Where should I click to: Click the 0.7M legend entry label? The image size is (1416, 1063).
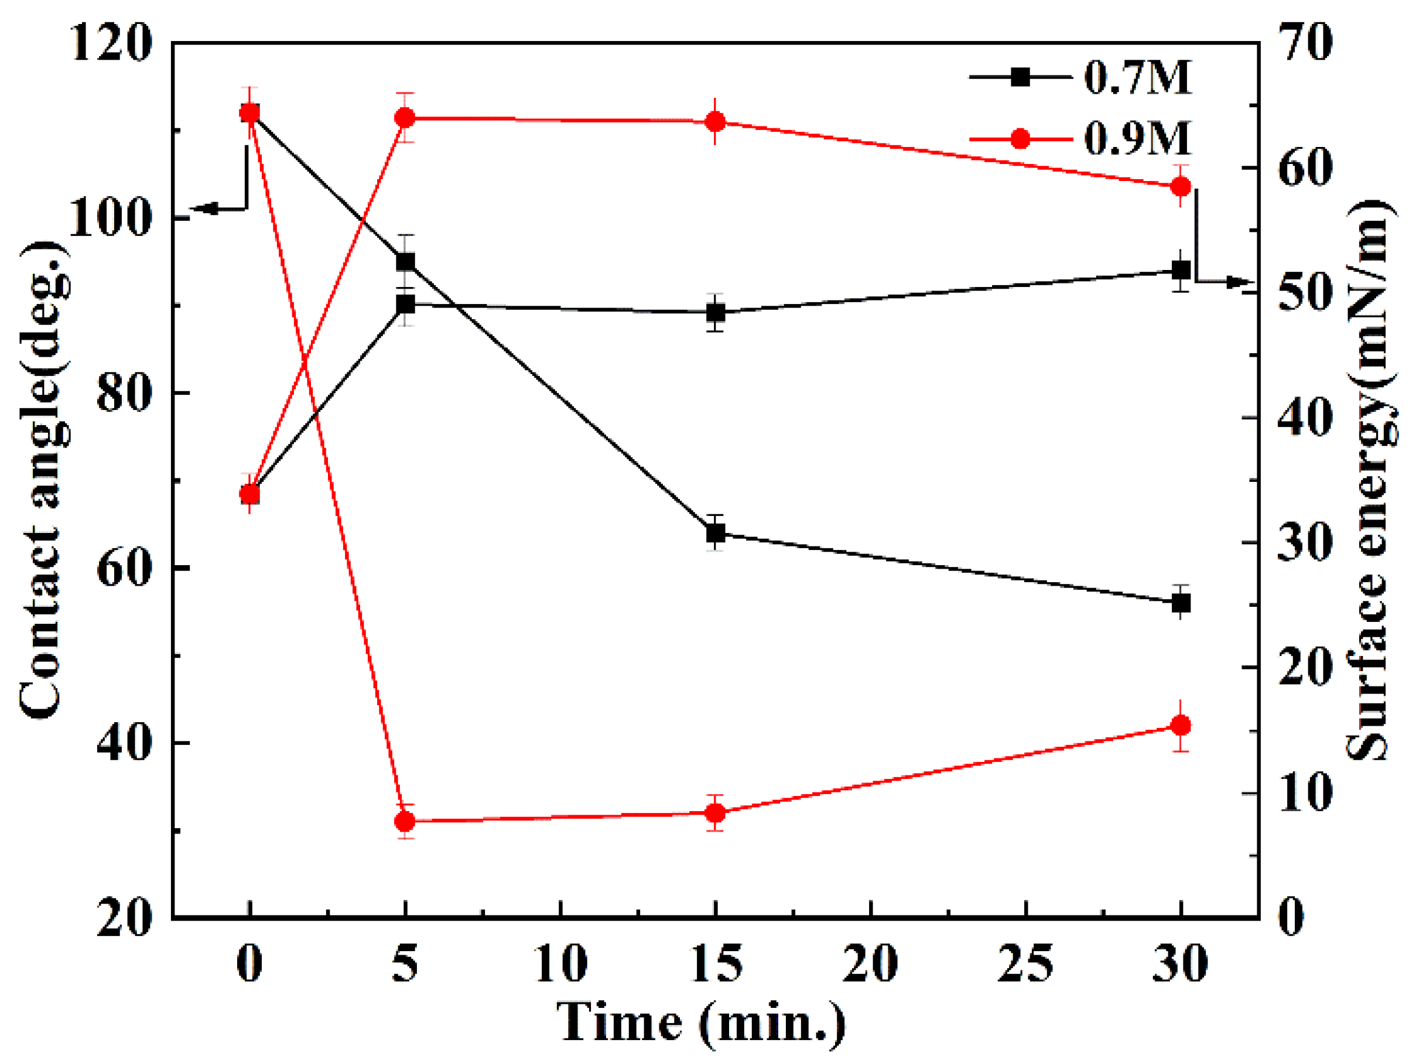pos(1137,78)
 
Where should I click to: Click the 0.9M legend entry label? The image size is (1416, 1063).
pos(1137,138)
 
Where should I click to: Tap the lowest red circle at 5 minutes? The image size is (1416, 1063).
pos(405,822)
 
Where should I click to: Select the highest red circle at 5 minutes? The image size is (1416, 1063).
pos(405,118)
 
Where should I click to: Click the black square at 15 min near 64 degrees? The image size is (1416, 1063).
pos(716,533)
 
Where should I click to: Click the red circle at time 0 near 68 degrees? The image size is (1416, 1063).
pos(249,494)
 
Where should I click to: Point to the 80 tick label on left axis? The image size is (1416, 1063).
pos(125,393)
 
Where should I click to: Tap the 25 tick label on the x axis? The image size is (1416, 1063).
pos(1025,964)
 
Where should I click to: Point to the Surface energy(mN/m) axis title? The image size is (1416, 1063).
pos(1370,480)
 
